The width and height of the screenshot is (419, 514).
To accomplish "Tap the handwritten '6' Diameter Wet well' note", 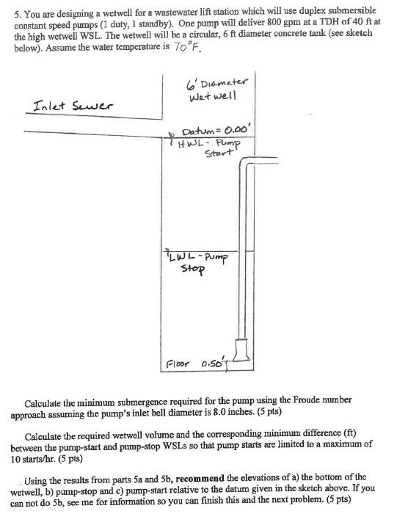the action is click(219, 89).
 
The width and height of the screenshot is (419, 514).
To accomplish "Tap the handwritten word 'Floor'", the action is click(178, 363).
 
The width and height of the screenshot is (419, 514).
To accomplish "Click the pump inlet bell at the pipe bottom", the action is click(242, 353).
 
